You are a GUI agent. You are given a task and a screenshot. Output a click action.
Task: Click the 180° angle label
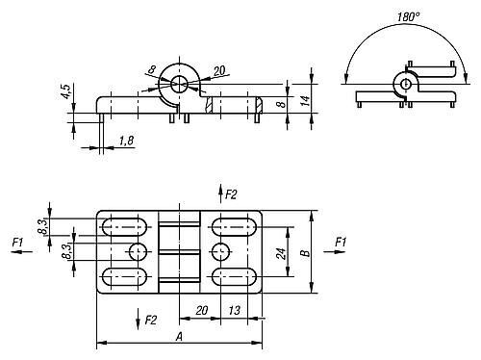pyautogui.click(x=408, y=16)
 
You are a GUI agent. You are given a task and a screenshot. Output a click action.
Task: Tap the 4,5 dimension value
pyautogui.click(x=65, y=91)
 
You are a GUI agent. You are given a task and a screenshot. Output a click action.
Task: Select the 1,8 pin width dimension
pyautogui.click(x=126, y=141)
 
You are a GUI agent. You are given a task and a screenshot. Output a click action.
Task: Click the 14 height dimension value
pyautogui.click(x=306, y=101)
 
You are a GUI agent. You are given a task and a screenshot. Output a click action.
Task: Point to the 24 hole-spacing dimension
pyautogui.click(x=281, y=254)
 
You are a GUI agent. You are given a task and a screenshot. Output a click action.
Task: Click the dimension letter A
pyautogui.click(x=179, y=337)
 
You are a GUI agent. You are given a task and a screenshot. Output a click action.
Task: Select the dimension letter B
pyautogui.click(x=305, y=253)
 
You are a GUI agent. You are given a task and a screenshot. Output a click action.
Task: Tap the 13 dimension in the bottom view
pyautogui.click(x=234, y=310)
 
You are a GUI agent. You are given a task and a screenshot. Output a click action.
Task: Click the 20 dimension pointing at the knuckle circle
pyautogui.click(x=219, y=70)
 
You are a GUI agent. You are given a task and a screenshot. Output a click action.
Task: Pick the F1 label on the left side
pyautogui.click(x=17, y=242)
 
